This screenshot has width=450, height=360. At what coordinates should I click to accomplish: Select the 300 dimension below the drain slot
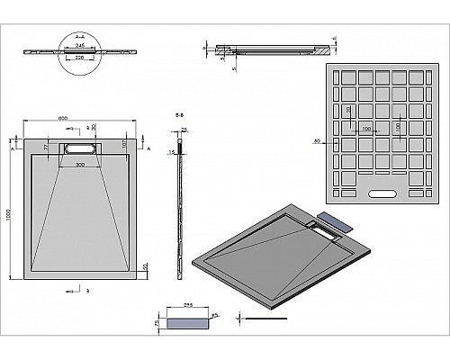click(82, 166)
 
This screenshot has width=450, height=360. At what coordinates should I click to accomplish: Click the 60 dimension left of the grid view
click(318, 141)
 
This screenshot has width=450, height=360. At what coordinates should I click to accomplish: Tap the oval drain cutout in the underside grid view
click(386, 192)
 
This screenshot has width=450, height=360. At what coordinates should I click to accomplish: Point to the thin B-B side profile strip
click(186, 207)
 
